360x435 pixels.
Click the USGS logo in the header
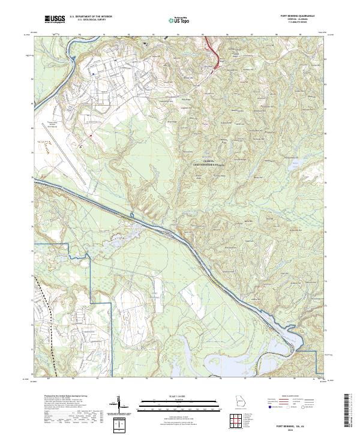click(x=55, y=20)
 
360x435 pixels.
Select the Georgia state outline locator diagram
click(x=241, y=401)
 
